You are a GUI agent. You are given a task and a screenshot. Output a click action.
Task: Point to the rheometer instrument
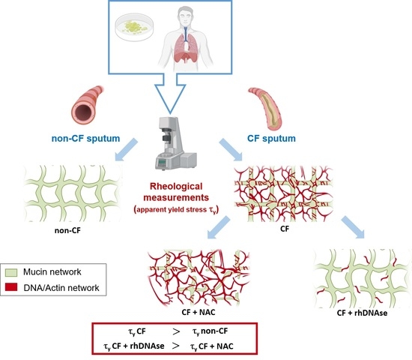202,146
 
